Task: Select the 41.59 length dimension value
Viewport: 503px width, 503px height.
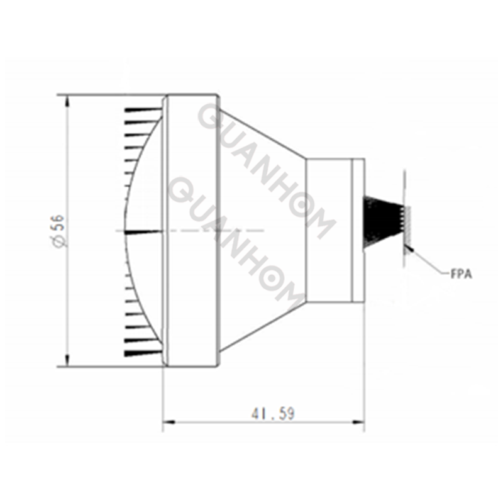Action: [273, 414]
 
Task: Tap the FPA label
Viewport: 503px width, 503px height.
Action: [461, 274]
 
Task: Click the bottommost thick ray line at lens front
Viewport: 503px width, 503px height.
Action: [141, 351]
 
